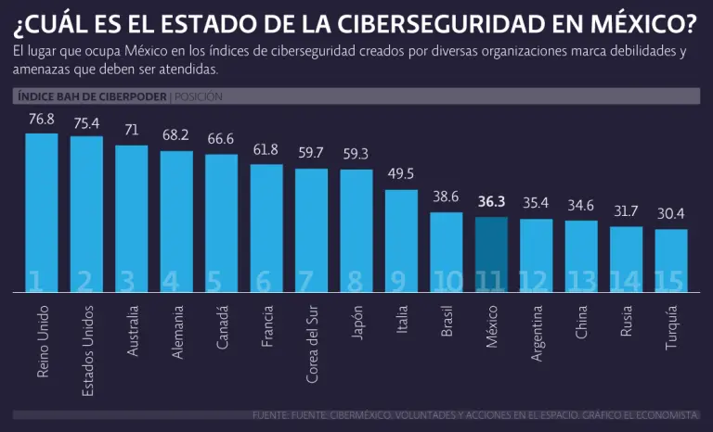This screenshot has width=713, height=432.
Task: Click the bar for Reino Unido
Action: [x=41, y=213]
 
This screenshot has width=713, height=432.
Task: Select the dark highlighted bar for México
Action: [x=491, y=255]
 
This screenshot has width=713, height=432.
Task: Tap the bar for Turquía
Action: [x=671, y=260]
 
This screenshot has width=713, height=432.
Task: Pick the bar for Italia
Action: [x=401, y=241]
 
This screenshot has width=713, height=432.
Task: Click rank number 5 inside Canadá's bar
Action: [x=221, y=281]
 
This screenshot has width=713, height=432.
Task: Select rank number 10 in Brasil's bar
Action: [x=447, y=281]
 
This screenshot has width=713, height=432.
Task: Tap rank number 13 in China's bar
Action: [x=581, y=281]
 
